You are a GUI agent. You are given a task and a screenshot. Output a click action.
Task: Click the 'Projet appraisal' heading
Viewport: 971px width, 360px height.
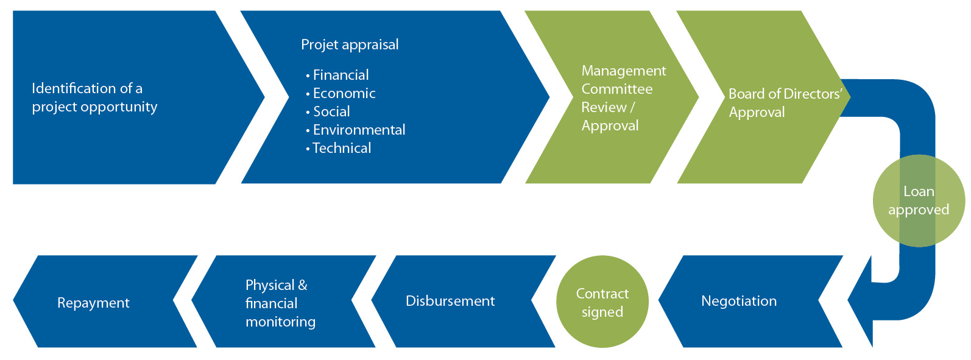(x=350, y=45)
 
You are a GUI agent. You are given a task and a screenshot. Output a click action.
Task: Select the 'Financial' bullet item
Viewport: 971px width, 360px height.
(x=337, y=75)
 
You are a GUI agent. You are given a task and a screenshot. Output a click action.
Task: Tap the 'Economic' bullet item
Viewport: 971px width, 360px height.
(x=341, y=93)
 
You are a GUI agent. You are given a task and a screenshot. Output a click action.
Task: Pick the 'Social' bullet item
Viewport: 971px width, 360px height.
(x=328, y=111)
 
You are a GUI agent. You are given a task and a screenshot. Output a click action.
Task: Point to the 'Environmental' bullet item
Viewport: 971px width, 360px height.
(x=356, y=130)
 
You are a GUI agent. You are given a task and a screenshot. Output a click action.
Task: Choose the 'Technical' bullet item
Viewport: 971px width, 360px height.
(x=338, y=148)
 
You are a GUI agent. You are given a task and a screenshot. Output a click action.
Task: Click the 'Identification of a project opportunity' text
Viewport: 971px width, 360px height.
(x=94, y=97)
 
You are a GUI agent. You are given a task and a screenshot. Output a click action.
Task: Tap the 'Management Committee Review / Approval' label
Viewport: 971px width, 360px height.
(x=623, y=98)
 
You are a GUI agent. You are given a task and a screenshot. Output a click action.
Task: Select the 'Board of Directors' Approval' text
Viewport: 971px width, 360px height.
(x=785, y=103)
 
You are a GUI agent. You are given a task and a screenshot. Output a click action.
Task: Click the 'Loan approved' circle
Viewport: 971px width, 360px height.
(x=919, y=200)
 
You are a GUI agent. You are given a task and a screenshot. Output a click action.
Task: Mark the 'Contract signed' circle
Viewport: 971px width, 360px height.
(x=602, y=302)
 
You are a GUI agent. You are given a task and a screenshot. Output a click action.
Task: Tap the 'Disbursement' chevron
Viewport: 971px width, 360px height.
(x=464, y=302)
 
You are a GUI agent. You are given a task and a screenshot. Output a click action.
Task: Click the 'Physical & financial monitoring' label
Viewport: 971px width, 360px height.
(x=280, y=303)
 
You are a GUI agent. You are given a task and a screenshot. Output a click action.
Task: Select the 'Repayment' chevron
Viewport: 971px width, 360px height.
(x=105, y=302)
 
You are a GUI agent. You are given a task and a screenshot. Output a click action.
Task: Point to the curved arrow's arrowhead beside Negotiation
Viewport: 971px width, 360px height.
(x=861, y=301)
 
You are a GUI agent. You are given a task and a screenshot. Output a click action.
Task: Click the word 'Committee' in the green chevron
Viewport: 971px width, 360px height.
(x=617, y=89)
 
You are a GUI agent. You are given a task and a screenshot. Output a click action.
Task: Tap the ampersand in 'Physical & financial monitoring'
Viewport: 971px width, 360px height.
(x=303, y=285)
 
